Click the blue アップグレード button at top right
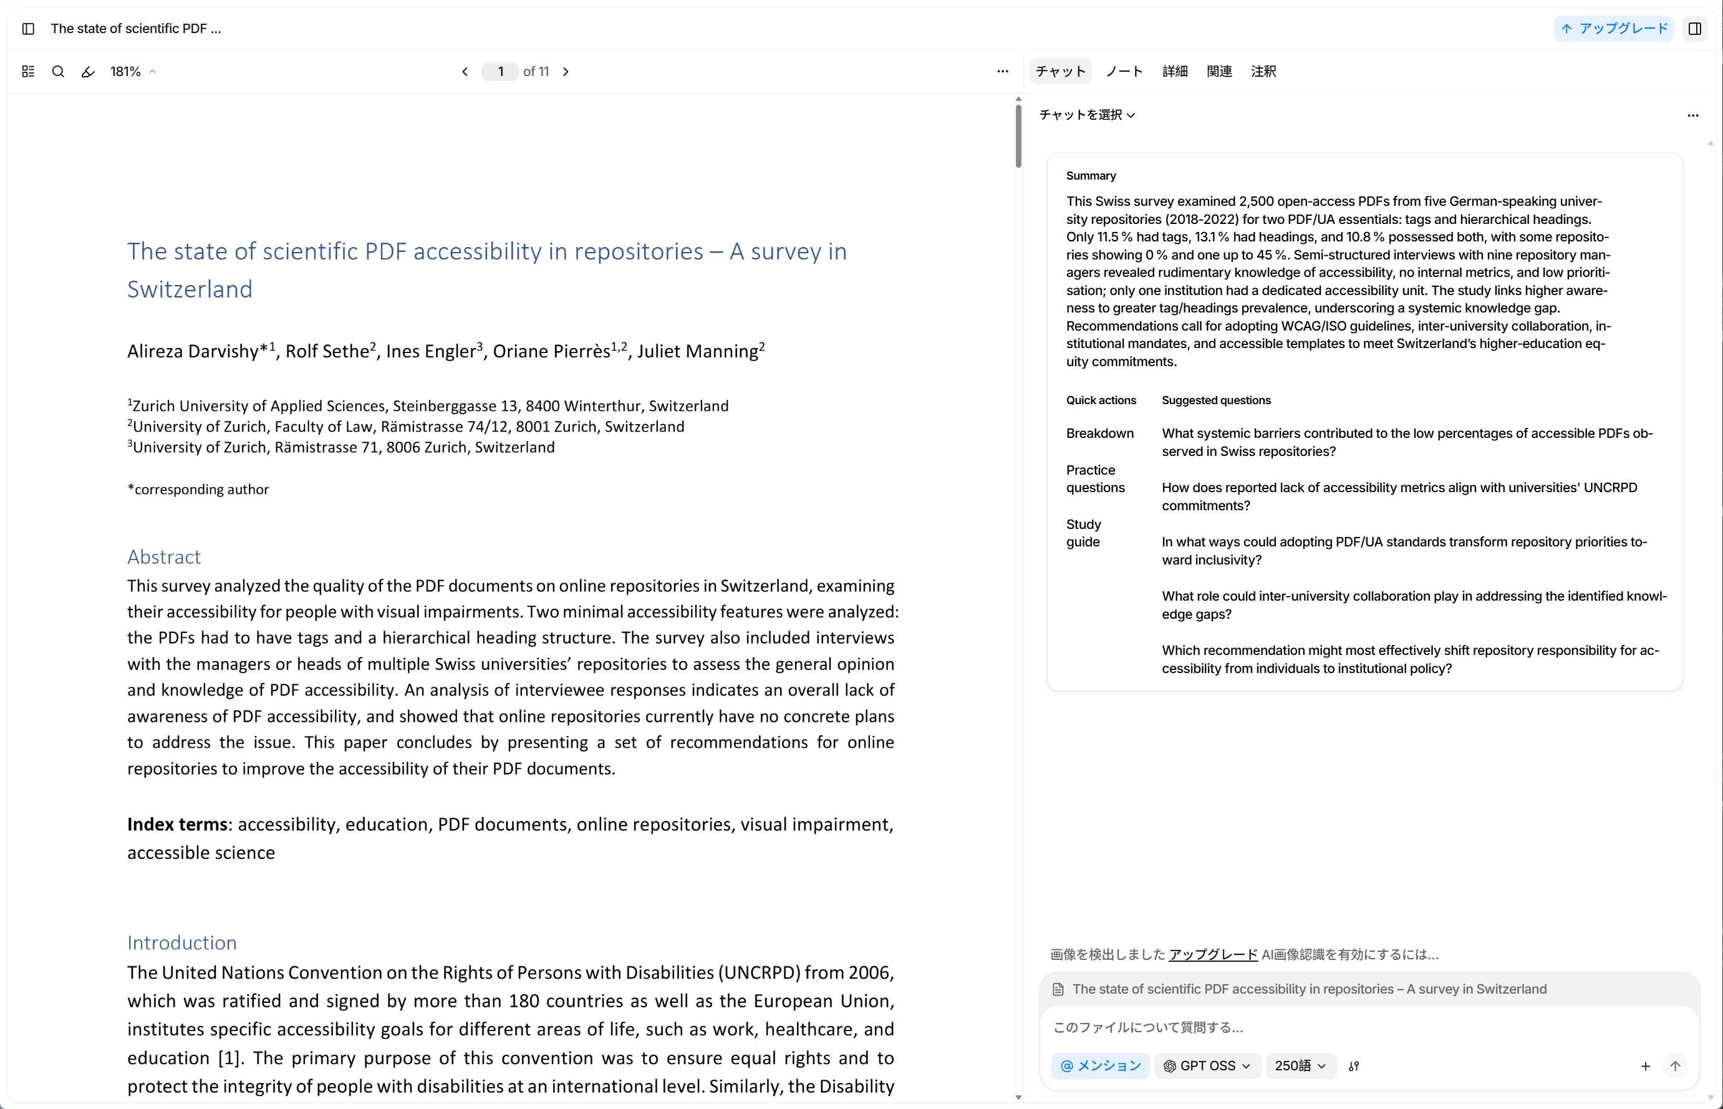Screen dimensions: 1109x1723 (x=1613, y=29)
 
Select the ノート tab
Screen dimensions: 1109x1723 (x=1124, y=71)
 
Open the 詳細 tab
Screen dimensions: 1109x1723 (x=1174, y=71)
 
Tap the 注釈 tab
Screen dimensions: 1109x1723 (x=1263, y=71)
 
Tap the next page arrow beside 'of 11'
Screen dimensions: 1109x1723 (x=566, y=71)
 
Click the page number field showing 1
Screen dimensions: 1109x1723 (x=500, y=71)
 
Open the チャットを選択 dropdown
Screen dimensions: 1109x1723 (x=1086, y=115)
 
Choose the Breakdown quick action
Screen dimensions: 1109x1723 (x=1099, y=433)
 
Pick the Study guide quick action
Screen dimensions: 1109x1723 (x=1084, y=533)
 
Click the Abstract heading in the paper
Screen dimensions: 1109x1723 (x=164, y=556)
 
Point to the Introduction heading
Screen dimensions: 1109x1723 (x=182, y=942)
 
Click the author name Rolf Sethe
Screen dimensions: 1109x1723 (x=327, y=351)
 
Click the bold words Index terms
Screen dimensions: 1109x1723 (x=177, y=825)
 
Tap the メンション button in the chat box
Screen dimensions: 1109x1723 (x=1100, y=1066)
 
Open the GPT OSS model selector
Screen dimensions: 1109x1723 (x=1207, y=1066)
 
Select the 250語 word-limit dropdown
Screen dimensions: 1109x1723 (x=1300, y=1066)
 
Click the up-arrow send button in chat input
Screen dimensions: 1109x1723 (x=1675, y=1066)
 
